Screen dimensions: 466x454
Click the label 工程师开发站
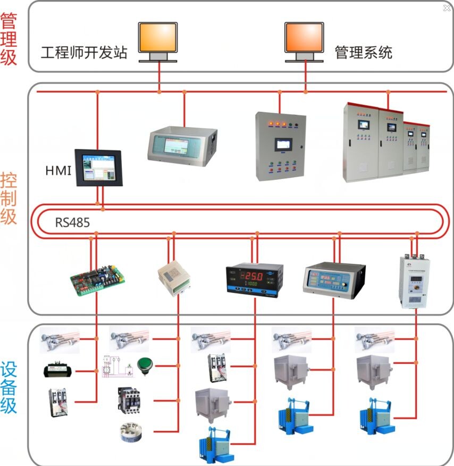click(84, 53)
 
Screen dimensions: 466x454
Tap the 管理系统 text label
click(364, 53)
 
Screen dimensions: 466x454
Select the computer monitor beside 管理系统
click(304, 40)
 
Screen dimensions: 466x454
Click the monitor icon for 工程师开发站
click(158, 40)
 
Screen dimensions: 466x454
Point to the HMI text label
click(58, 171)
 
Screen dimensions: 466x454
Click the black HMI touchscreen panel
click(98, 168)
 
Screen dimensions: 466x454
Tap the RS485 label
click(72, 222)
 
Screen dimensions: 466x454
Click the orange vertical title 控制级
click(9, 198)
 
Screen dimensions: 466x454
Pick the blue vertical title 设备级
click(9, 388)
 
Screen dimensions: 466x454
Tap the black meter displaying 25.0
click(255, 279)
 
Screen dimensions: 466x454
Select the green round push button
click(144, 365)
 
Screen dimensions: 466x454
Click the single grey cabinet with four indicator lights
click(280, 145)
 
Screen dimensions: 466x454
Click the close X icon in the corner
click(447, 8)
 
